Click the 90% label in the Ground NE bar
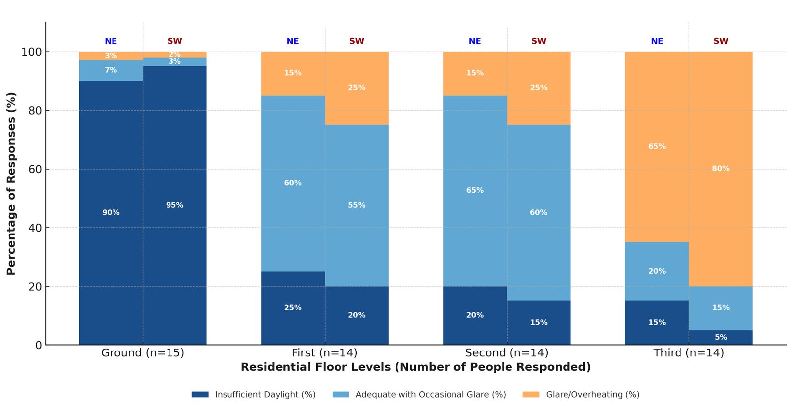pyautogui.click(x=111, y=213)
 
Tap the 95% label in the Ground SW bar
pyautogui.click(x=174, y=205)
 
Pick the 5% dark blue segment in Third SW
pyautogui.click(x=721, y=338)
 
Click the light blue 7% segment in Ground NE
pyautogui.click(x=111, y=70)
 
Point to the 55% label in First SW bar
pyautogui.click(x=356, y=205)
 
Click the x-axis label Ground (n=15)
pyautogui.click(x=143, y=353)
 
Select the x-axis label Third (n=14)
pyautogui.click(x=688, y=353)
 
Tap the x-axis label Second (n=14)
pyautogui.click(x=507, y=353)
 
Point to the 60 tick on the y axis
pyautogui.click(x=35, y=169)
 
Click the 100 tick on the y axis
pyautogui.click(x=31, y=52)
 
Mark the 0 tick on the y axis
pyautogui.click(x=39, y=345)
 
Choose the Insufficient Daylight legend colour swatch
pyautogui.click(x=200, y=395)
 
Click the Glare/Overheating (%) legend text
pyautogui.click(x=592, y=395)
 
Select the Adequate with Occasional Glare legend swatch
pyautogui.click(x=340, y=395)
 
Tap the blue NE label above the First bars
pyautogui.click(x=293, y=41)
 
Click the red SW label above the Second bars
pyautogui.click(x=539, y=41)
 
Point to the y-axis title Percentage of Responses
pyautogui.click(x=11, y=183)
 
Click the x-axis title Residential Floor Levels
pyautogui.click(x=415, y=367)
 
